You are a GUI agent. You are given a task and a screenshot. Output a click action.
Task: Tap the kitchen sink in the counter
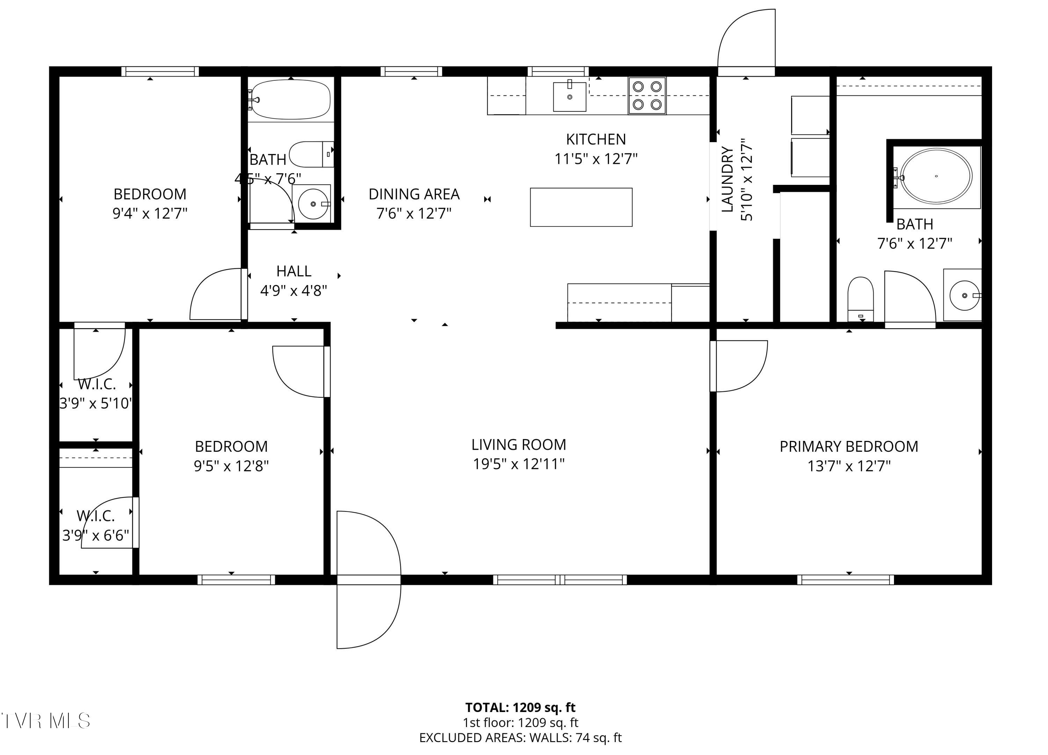point(570,96)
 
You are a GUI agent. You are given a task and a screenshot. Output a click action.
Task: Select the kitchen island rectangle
point(581,207)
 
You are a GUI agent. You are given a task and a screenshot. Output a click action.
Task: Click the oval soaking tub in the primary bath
point(936,176)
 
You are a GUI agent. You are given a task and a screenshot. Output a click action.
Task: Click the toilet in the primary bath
point(860,298)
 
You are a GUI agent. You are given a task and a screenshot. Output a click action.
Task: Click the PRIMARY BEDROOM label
point(849,447)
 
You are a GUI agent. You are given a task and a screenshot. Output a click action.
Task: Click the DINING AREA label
point(414,194)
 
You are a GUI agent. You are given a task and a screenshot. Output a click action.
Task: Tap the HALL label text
point(293,271)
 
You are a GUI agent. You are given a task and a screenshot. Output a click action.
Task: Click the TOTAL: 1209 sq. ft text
point(520,707)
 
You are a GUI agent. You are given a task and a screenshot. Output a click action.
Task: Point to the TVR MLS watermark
point(45,721)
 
